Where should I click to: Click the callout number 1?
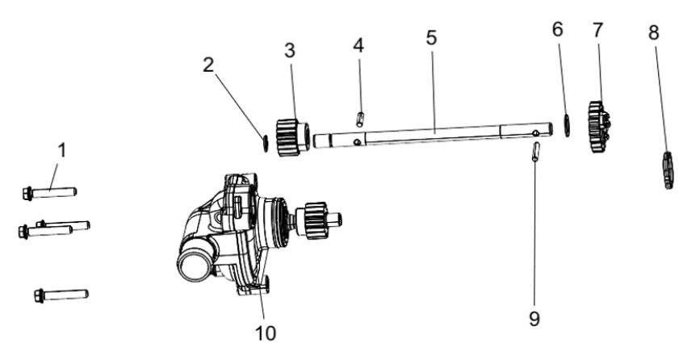62,150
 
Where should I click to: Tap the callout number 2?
208,65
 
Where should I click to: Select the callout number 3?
290,51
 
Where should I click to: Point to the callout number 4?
358,45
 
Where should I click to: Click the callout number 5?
431,38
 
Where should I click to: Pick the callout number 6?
558,29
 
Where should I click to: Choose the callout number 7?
598,30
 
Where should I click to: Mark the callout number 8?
654,32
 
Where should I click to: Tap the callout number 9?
534,319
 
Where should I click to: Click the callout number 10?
266,333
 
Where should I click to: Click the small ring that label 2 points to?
265,144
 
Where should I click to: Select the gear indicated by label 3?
292,137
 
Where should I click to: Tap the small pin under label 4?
360,119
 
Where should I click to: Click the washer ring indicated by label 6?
567,125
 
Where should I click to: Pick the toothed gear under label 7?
598,127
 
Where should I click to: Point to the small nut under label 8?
669,170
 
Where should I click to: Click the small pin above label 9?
536,151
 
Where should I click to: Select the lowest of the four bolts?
61,295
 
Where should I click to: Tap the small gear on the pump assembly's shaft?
316,220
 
